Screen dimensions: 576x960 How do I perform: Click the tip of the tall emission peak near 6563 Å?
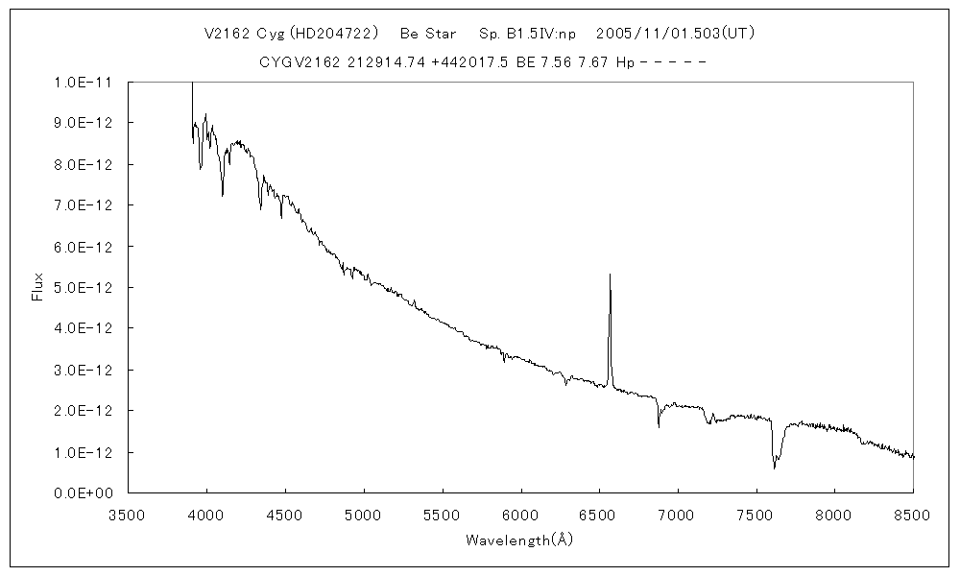(610, 276)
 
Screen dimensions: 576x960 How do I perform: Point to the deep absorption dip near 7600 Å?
(774, 468)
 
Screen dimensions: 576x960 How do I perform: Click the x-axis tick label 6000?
(520, 515)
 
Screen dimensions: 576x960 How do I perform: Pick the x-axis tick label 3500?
(128, 515)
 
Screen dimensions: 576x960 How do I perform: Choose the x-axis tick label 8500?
(913, 515)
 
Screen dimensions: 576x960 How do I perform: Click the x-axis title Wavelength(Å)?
(519, 540)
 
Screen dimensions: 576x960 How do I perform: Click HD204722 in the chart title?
(331, 33)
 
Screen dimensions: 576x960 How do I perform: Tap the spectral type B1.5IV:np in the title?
(527, 33)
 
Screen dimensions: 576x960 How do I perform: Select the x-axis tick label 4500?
(285, 515)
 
